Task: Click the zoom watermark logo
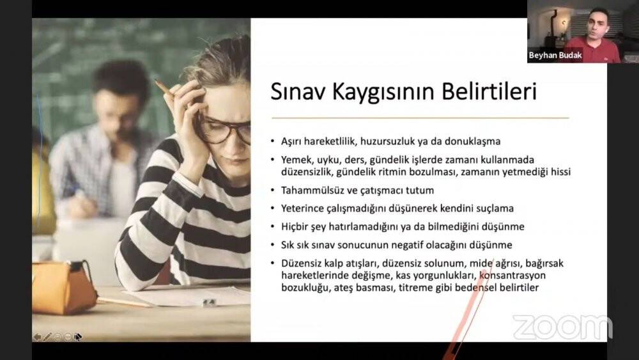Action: pos(562,327)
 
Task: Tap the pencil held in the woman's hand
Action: pos(164,88)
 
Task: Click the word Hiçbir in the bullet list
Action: pos(295,226)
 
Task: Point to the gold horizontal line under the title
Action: pos(420,118)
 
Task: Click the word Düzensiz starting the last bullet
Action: pos(300,263)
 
